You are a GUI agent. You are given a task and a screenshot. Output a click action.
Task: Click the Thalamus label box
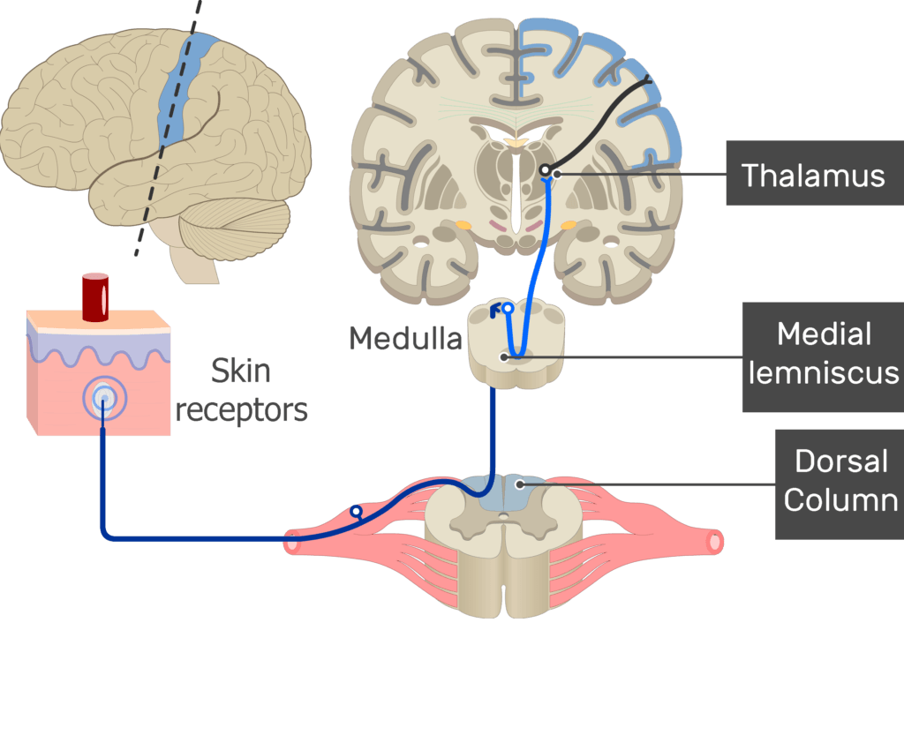coord(813,175)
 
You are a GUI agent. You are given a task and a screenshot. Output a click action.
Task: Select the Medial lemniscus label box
coord(822,355)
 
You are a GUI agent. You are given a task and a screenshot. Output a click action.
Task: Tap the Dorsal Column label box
coord(839,483)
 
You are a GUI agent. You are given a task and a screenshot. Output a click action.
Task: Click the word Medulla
coord(405,338)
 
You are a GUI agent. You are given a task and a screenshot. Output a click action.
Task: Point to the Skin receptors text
coord(241,390)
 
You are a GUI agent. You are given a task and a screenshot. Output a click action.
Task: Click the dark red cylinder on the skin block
coord(94,296)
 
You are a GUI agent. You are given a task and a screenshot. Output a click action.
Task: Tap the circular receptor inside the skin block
coord(103,399)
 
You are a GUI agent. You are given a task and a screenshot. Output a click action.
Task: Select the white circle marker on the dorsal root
coord(356,511)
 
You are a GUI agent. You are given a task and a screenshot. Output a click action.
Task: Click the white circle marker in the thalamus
coord(546,170)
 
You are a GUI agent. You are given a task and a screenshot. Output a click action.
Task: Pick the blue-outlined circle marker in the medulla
coord(508,309)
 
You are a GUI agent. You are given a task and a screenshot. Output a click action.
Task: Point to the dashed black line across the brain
coord(168,132)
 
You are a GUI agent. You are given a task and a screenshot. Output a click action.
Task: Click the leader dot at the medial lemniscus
coord(504,357)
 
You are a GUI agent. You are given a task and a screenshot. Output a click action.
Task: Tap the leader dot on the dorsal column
coord(521,484)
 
